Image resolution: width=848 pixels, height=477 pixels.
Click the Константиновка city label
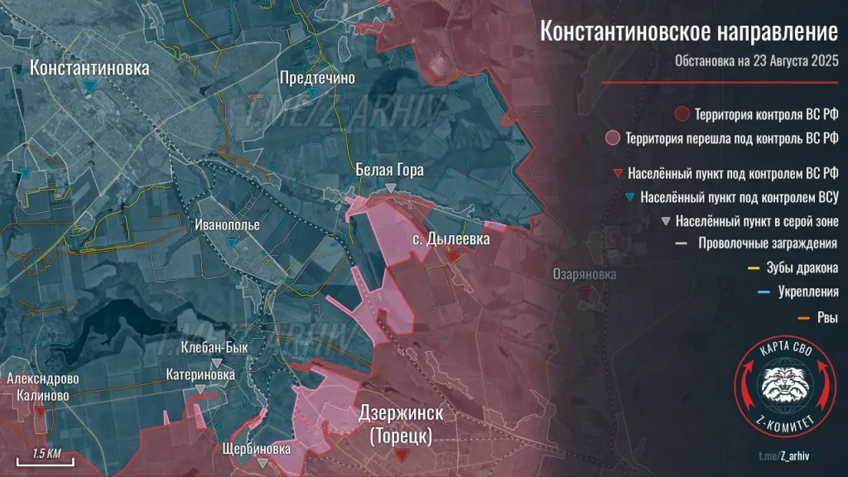click(89, 68)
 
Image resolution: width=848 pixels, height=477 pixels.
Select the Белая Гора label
click(389, 171)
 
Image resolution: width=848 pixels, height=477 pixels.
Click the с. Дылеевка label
click(450, 238)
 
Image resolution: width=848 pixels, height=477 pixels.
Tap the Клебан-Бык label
click(215, 348)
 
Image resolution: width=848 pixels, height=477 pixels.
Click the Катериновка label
click(200, 374)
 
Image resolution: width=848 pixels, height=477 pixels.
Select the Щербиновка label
click(257, 448)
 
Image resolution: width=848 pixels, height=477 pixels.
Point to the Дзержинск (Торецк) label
click(402, 423)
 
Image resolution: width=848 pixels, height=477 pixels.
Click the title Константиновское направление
click(689, 31)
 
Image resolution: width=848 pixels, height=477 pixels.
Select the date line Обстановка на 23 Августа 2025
click(756, 61)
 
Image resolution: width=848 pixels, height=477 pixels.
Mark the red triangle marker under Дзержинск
click(402, 455)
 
